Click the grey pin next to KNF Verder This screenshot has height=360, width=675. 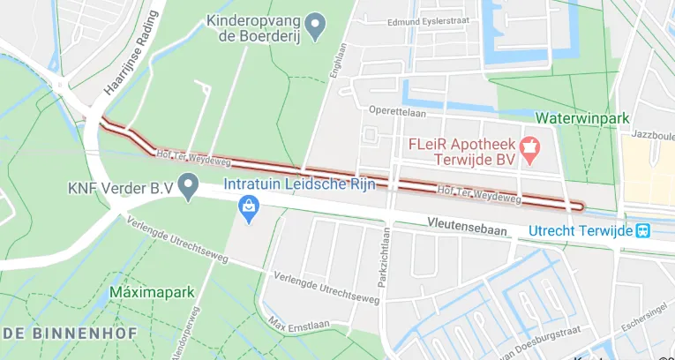click(x=187, y=186)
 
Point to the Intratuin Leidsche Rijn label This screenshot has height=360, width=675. click(x=299, y=184)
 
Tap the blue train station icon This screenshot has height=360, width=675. click(x=643, y=230)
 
